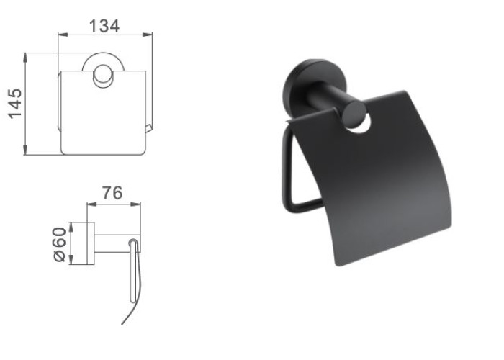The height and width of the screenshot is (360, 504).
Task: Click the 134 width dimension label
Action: click(104, 26)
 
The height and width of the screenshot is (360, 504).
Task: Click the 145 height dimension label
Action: click(15, 103)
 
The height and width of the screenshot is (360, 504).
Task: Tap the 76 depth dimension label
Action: click(112, 192)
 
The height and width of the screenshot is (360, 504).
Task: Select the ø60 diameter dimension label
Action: click(59, 245)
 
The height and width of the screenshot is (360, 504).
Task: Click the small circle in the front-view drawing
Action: click(103, 76)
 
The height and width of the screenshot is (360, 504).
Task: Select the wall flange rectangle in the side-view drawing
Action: click(90, 243)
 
